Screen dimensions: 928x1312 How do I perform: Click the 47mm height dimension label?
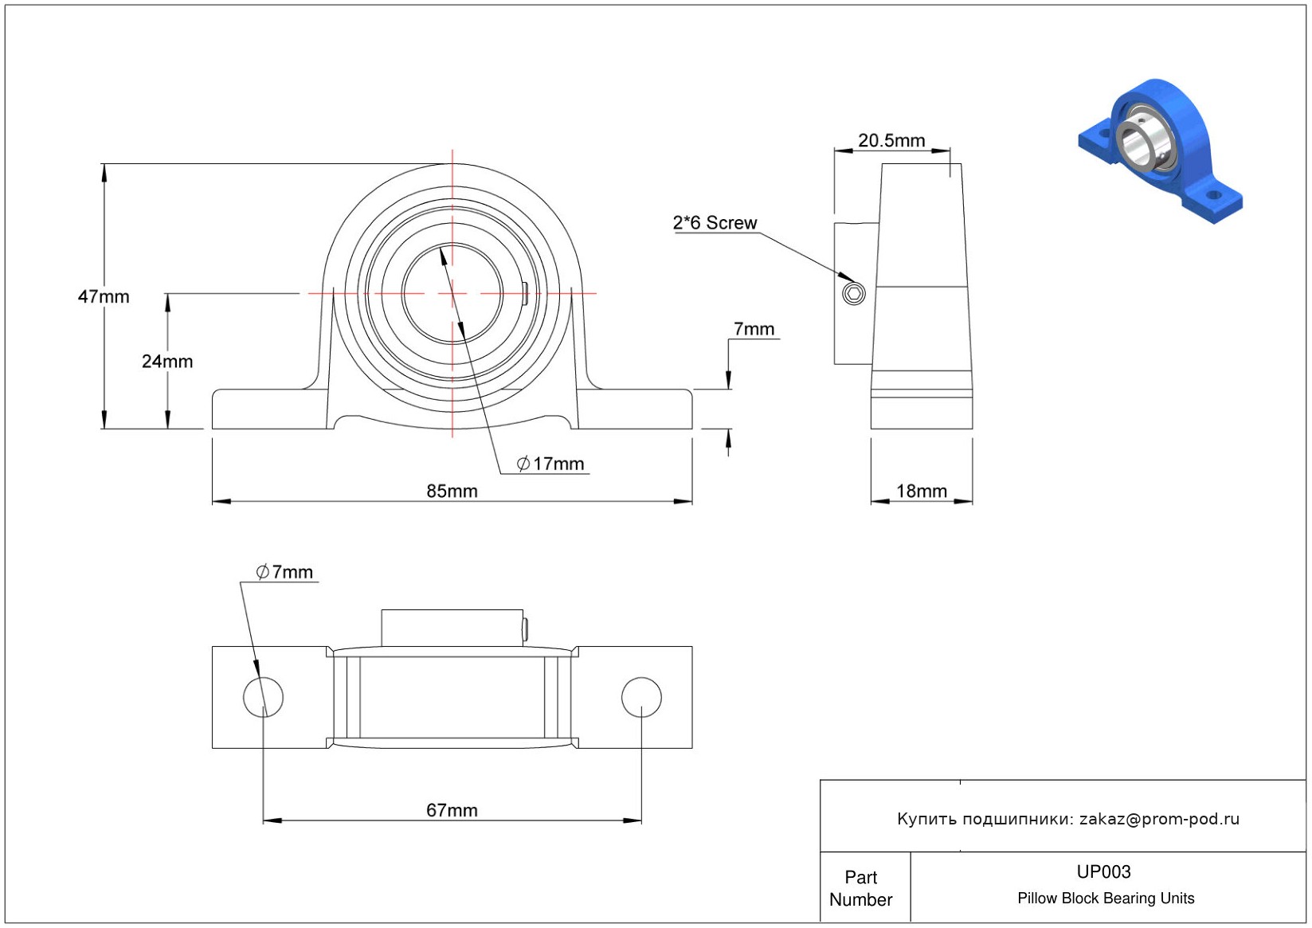[x=104, y=296]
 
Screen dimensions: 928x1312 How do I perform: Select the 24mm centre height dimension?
[x=167, y=362]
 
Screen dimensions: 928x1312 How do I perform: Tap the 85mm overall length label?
[x=452, y=491]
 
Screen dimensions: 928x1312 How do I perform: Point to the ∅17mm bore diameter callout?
[x=551, y=464]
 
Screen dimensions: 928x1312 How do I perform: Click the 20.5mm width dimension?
[x=891, y=141]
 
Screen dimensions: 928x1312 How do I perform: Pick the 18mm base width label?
[x=922, y=491]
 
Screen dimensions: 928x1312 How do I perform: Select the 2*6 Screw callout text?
[x=715, y=223]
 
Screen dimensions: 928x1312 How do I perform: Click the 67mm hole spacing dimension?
[x=452, y=810]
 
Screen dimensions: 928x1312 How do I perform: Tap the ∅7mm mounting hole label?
[x=285, y=572]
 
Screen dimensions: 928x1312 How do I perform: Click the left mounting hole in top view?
[x=263, y=697]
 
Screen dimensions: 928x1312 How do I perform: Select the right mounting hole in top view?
[x=641, y=697]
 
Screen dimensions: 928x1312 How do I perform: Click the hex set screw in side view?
[x=854, y=294]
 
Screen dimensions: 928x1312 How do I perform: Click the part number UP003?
[x=1103, y=871]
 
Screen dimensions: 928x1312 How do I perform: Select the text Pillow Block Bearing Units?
[x=1106, y=899]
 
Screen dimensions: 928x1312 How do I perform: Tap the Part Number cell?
[x=861, y=888]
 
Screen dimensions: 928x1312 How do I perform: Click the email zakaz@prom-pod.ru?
[x=1159, y=819]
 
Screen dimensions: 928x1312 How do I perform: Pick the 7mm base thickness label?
[x=754, y=329]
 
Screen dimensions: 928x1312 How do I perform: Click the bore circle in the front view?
[x=452, y=293]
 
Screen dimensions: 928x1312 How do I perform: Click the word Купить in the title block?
[x=926, y=819]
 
